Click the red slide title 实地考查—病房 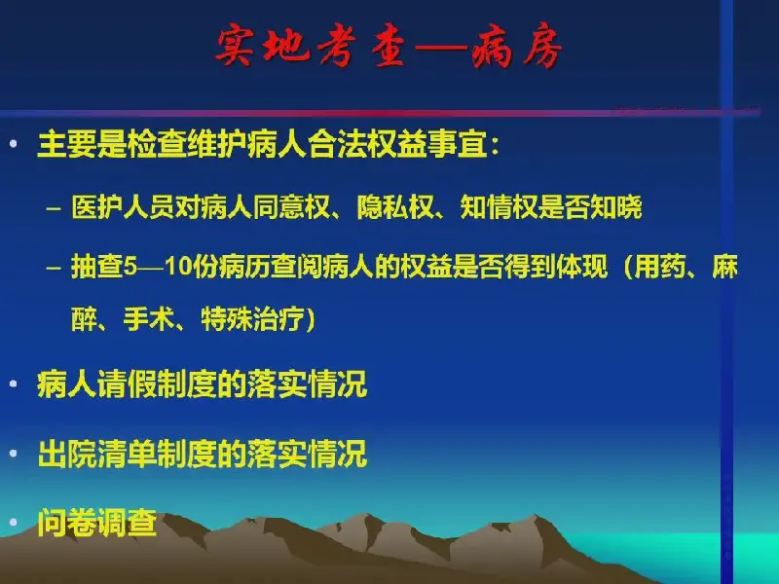tap(389, 46)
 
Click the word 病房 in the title tap(517, 46)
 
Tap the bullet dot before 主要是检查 tap(14, 144)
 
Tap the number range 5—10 tap(158, 267)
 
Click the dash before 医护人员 tap(54, 208)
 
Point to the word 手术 tap(149, 319)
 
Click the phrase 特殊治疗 tap(253, 319)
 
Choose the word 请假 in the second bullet tap(128, 383)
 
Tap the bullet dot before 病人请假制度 tap(14, 383)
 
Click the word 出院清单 tap(97, 454)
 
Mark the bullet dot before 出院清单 tap(14, 453)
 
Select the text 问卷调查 tap(97, 523)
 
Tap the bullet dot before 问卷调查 tap(14, 522)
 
